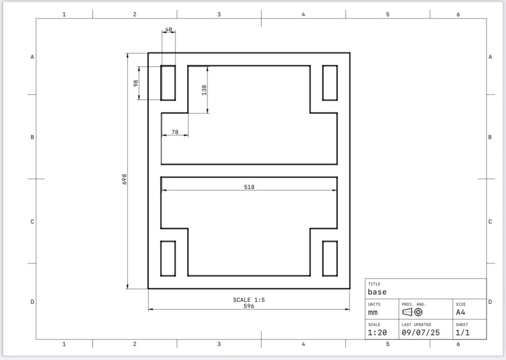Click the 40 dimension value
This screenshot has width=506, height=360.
(169, 29)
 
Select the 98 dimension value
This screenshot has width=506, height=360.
(136, 83)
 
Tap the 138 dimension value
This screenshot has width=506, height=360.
(204, 90)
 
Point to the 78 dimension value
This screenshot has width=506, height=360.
(175, 132)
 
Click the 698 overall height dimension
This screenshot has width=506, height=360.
(124, 179)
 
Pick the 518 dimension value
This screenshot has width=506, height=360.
(249, 187)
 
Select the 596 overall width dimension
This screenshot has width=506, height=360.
(249, 306)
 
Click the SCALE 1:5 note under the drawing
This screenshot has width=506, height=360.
(249, 300)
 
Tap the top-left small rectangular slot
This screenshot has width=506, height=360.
(168, 66)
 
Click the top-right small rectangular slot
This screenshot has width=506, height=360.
(330, 66)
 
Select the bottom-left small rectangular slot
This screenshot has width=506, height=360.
(168, 241)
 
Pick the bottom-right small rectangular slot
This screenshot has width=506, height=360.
(330, 241)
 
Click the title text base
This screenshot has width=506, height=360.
(377, 292)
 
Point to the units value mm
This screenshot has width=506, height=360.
(373, 313)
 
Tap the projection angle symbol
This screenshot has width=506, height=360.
(413, 312)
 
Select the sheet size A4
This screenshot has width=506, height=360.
(461, 312)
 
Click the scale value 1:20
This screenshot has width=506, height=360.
(377, 333)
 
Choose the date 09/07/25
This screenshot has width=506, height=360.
(421, 333)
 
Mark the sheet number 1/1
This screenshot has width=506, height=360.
(463, 333)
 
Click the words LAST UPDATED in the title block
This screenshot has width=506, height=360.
(416, 324)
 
